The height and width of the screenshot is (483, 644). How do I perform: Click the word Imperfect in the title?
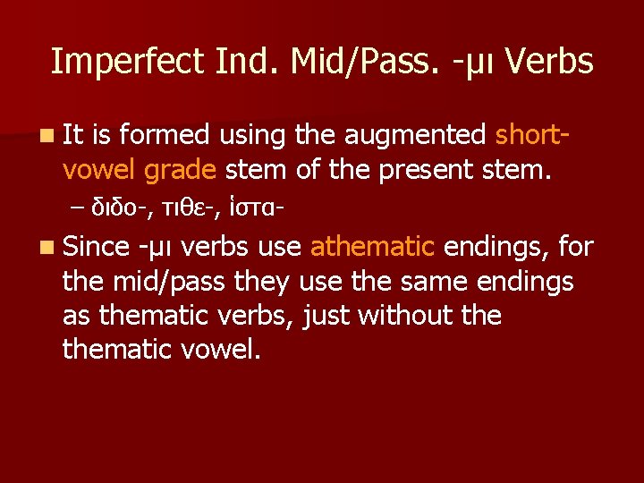click(128, 62)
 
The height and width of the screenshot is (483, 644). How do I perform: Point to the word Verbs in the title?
click(547, 62)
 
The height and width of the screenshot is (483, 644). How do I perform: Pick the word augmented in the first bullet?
click(416, 135)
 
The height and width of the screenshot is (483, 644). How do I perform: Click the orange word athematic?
click(372, 246)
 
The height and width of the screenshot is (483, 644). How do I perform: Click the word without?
click(400, 315)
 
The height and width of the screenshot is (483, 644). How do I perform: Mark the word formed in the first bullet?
click(165, 135)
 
